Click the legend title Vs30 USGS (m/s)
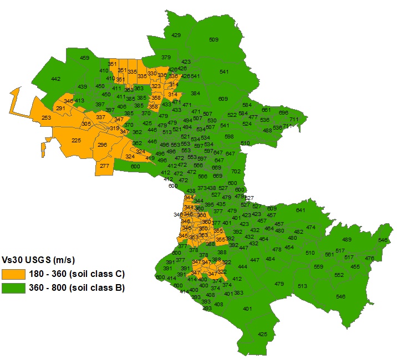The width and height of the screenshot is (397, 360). click(38, 260)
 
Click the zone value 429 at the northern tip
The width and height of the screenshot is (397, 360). click(176, 35)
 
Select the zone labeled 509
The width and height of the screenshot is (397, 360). click(213, 39)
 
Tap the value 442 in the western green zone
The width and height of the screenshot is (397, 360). click(55, 79)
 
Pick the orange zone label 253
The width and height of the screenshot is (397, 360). click(47, 117)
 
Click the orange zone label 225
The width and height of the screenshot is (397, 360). click(77, 140)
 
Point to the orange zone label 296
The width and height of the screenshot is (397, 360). click(102, 145)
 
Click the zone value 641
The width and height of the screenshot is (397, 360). click(301, 210)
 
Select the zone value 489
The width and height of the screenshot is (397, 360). click(347, 239)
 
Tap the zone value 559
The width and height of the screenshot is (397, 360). click(318, 267)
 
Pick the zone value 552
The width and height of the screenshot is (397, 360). click(339, 275)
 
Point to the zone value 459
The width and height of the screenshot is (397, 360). click(84, 58)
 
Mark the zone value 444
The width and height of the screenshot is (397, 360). click(242, 266)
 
